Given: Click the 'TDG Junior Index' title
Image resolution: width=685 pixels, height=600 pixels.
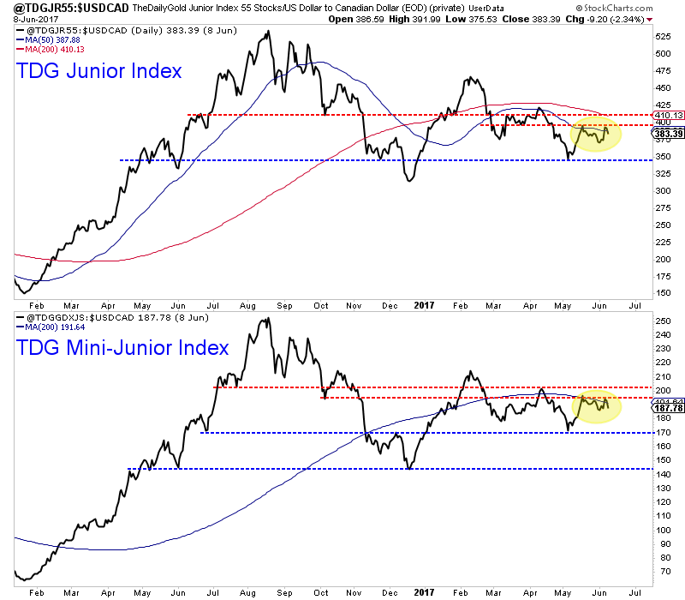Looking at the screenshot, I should pos(99,71).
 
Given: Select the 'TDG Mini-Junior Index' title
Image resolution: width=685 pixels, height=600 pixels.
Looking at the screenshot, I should pos(122,347).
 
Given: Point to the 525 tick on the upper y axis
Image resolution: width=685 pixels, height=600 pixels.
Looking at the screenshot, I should pos(662,37).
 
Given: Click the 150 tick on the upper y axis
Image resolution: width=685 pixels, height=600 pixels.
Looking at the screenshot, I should pos(662,292).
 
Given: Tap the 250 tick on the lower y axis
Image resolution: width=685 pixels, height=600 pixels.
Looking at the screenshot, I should pos(662,321).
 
